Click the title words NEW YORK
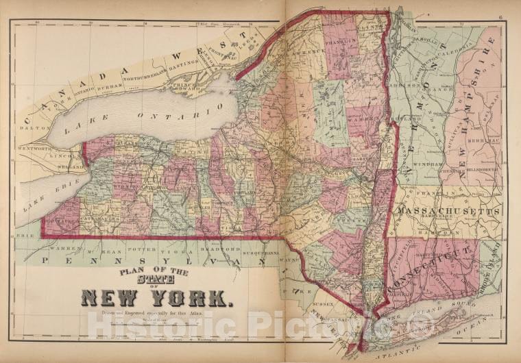tap(157, 297)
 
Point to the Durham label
tap(112, 86)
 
